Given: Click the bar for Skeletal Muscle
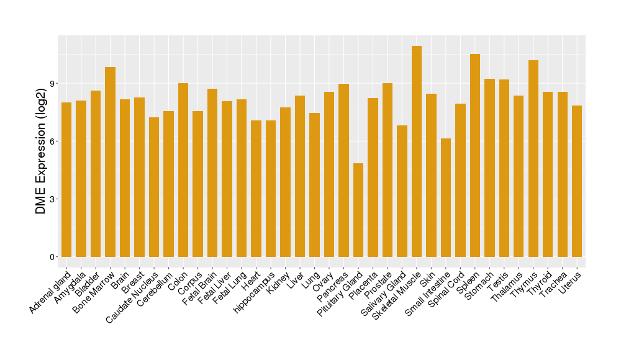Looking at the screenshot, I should pos(417,151).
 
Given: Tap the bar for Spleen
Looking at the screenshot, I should pos(475,155).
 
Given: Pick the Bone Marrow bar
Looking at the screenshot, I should pos(110,162).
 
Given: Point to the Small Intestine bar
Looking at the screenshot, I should pos(446,197).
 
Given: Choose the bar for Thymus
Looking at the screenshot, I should pos(533,158).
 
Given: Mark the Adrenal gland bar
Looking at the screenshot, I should pos(66,179).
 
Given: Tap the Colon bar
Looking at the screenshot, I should pos(183,170).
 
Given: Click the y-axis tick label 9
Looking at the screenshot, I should pos(53,84).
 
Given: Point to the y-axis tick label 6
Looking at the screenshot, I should pos(53,142).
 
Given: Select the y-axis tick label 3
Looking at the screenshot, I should pos(53,199).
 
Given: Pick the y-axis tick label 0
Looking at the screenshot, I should pos(53,257).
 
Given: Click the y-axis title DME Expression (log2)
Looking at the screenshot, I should pos(41,151).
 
